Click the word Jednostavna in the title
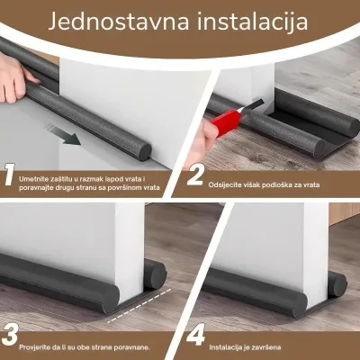coord(119,22)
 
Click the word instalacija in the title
coord(252,22)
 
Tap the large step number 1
coord(10,175)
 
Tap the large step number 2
coord(195,175)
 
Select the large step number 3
coord(10,334)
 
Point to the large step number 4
coord(195,334)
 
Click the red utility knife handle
coord(225,121)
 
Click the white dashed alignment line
coord(139,306)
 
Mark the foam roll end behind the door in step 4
coord(338,283)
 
